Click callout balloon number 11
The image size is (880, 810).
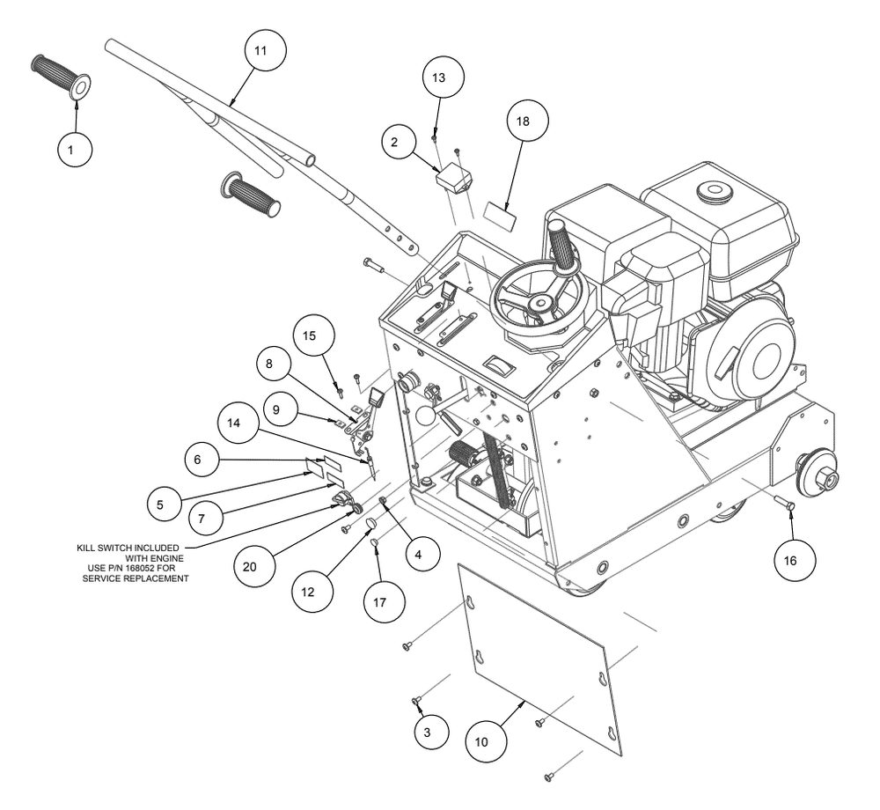point(266,50)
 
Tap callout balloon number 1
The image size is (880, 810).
point(75,150)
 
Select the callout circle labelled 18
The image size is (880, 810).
point(527,121)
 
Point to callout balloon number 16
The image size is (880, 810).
point(794,560)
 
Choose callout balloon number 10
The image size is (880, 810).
point(486,742)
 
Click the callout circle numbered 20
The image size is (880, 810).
point(254,566)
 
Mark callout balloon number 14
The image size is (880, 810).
point(238,422)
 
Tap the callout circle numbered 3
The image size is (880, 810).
point(431,732)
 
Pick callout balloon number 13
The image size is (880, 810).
point(444,77)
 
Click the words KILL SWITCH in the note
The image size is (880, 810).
point(100,548)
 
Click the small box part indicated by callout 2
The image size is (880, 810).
point(454,177)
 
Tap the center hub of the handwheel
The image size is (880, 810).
point(541,304)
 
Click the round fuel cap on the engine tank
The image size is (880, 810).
point(715,191)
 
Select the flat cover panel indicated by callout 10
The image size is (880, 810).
point(540,659)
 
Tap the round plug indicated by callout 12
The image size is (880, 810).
point(370,525)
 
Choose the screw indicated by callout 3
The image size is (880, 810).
point(416,700)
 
